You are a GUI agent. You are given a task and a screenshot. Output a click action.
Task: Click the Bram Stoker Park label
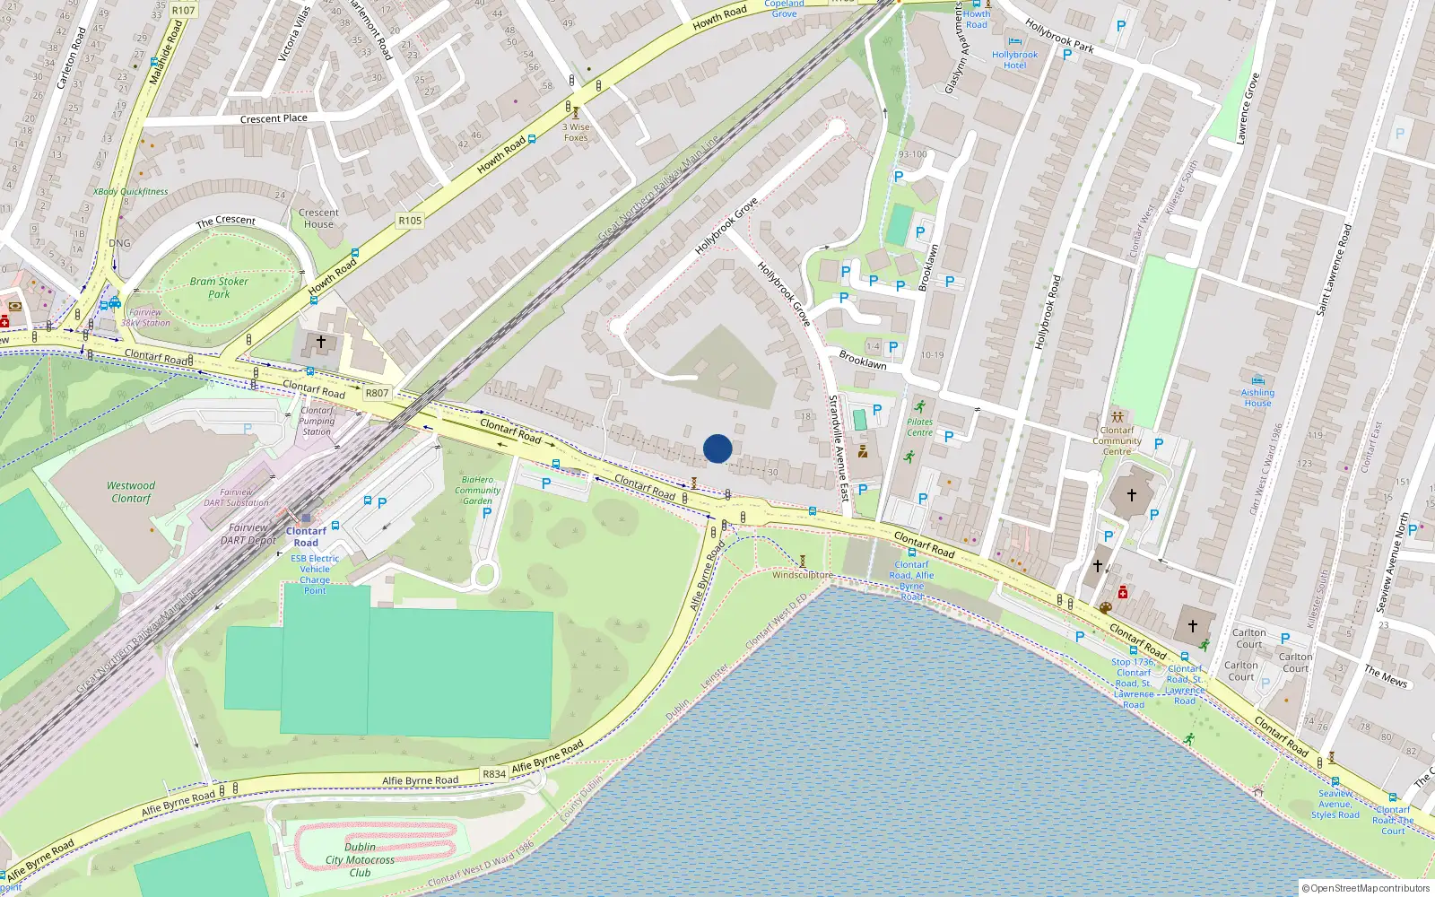tap(219, 287)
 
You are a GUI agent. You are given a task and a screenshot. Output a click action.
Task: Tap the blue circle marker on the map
tap(717, 448)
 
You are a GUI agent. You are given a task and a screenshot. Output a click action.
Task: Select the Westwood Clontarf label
tap(131, 492)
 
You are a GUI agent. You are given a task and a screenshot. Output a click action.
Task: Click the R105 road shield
tap(410, 220)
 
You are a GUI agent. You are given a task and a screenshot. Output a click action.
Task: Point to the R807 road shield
tap(377, 393)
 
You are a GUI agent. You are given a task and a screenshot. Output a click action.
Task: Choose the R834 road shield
tap(494, 773)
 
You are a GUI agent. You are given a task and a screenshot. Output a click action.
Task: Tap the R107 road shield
tap(183, 11)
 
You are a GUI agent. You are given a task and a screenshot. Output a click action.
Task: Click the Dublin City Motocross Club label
tap(360, 859)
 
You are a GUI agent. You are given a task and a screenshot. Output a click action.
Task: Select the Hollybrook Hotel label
tap(1014, 59)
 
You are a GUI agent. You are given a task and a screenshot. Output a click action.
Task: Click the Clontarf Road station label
tap(306, 536)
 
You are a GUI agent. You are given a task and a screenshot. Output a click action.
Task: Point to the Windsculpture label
tap(802, 575)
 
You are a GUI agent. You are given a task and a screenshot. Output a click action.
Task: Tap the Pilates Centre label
tap(919, 427)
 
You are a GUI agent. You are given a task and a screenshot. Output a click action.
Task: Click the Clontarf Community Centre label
tap(1117, 440)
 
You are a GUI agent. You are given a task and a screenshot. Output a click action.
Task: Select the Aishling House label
tap(1257, 397)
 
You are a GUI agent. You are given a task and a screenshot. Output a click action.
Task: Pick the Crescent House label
tap(318, 218)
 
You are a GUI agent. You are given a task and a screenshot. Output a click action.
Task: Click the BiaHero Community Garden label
tap(477, 490)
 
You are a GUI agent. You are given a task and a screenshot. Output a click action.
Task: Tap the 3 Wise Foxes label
tap(576, 132)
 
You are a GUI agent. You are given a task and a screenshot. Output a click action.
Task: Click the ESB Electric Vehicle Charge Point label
tap(315, 574)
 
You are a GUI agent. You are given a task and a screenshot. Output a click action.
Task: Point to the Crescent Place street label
tap(274, 118)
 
